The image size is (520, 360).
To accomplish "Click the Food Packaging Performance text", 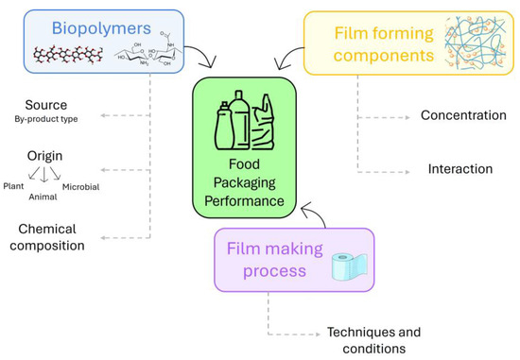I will (x=246, y=175).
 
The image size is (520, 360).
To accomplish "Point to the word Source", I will (x=47, y=104).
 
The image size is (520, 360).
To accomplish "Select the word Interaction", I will (x=459, y=169).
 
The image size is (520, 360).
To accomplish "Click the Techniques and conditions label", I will (x=373, y=339).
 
